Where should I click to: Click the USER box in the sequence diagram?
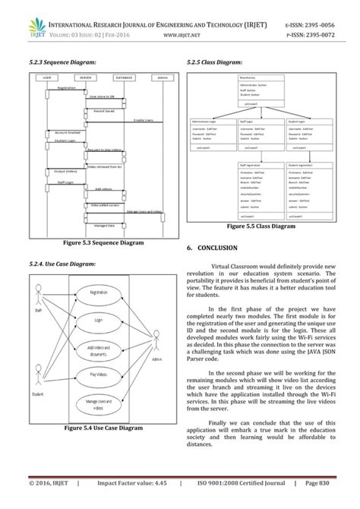47,77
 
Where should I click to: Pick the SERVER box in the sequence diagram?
85,77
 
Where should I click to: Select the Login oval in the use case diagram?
98,321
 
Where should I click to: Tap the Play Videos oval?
98,375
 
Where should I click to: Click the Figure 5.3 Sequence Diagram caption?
103,242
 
